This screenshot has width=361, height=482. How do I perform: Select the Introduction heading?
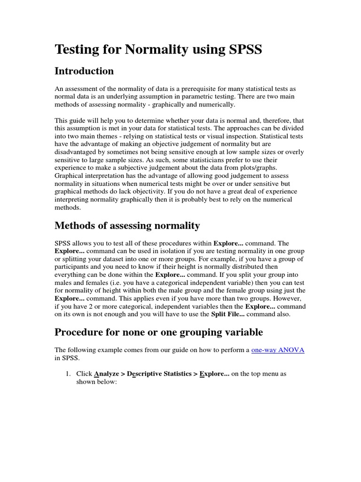[x=84, y=71]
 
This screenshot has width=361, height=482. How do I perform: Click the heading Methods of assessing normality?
[x=127, y=225]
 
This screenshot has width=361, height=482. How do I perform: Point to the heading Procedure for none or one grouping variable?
[x=158, y=332]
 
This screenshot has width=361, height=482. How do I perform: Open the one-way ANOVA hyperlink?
[x=278, y=350]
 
